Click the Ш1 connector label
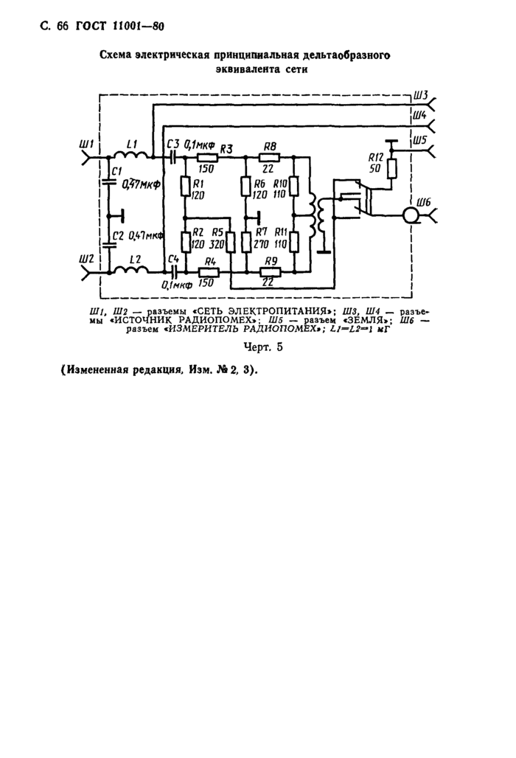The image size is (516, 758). [x=86, y=142]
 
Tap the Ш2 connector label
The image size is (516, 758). [x=86, y=260]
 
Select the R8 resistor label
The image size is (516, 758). [x=269, y=147]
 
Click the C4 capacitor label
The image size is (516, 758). [x=173, y=259]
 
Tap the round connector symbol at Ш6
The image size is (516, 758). [x=410, y=215]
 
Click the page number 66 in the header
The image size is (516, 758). [x=62, y=27]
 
